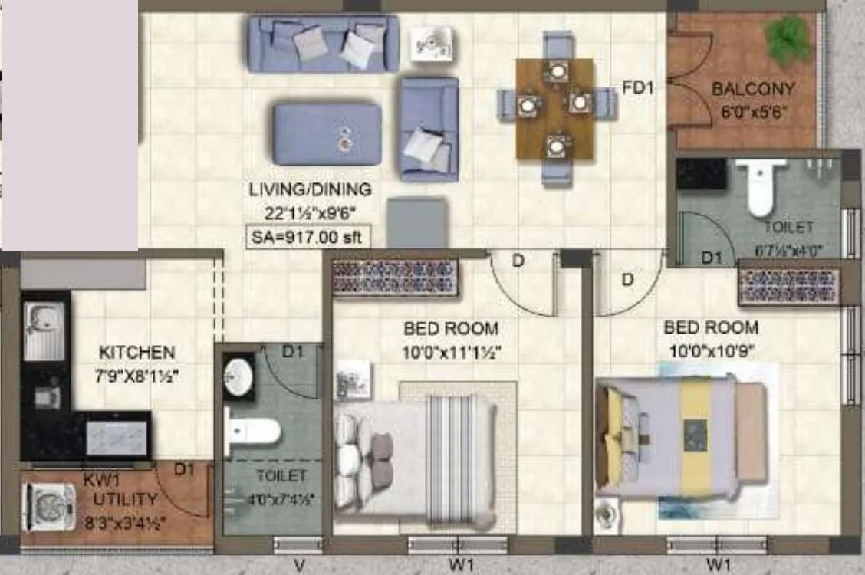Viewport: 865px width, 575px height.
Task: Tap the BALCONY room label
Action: tap(753, 89)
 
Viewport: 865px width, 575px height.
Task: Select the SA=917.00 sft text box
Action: tap(307, 238)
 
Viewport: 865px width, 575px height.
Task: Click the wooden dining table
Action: tap(554, 108)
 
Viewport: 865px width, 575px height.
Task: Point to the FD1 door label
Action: tap(637, 88)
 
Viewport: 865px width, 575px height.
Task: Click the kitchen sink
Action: tap(44, 331)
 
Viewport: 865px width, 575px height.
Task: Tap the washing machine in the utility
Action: tap(50, 506)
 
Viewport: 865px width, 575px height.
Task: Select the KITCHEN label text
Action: tap(136, 353)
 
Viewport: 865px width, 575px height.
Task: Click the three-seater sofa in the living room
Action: tap(323, 43)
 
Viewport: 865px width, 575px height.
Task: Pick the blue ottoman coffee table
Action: tap(327, 134)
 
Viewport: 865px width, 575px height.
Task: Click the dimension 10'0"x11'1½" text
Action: tap(451, 353)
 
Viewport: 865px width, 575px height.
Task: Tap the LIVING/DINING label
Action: tap(310, 189)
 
